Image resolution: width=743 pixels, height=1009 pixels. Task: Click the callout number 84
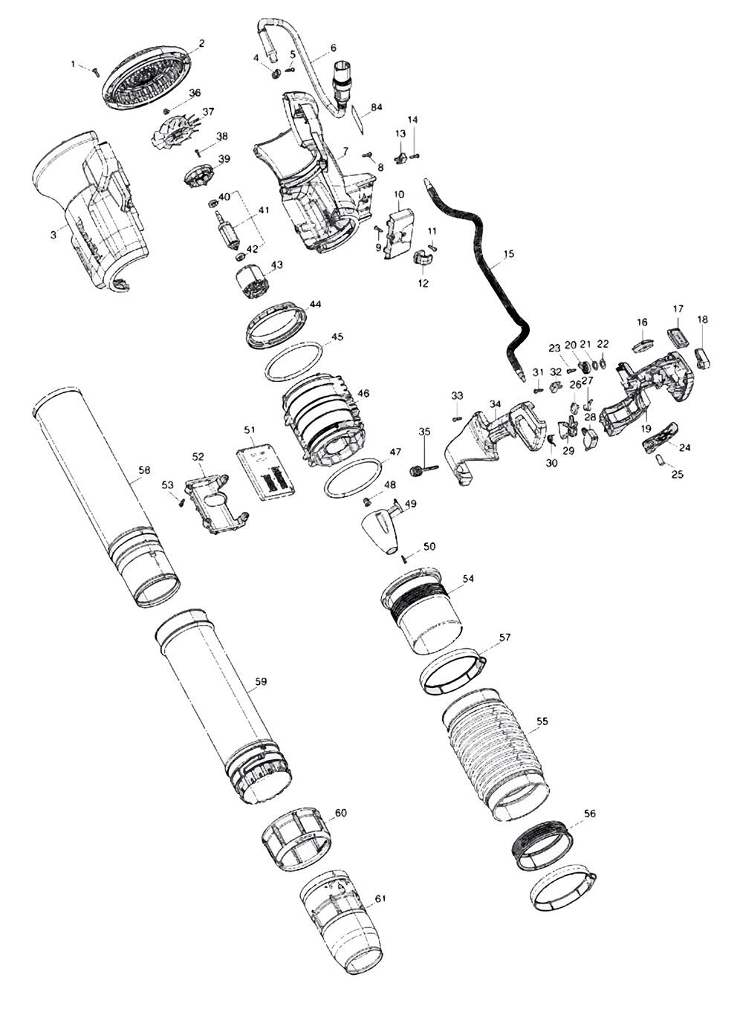(377, 108)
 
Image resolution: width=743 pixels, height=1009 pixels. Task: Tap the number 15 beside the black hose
(508, 254)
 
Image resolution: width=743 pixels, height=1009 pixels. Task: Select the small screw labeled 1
(95, 71)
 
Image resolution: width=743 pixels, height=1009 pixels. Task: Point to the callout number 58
(144, 470)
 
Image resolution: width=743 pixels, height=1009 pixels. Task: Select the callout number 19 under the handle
(646, 429)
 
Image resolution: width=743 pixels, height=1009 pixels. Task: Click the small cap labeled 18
(703, 357)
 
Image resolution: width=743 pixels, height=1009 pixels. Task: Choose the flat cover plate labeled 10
(401, 234)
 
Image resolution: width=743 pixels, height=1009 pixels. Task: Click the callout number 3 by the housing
(53, 235)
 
